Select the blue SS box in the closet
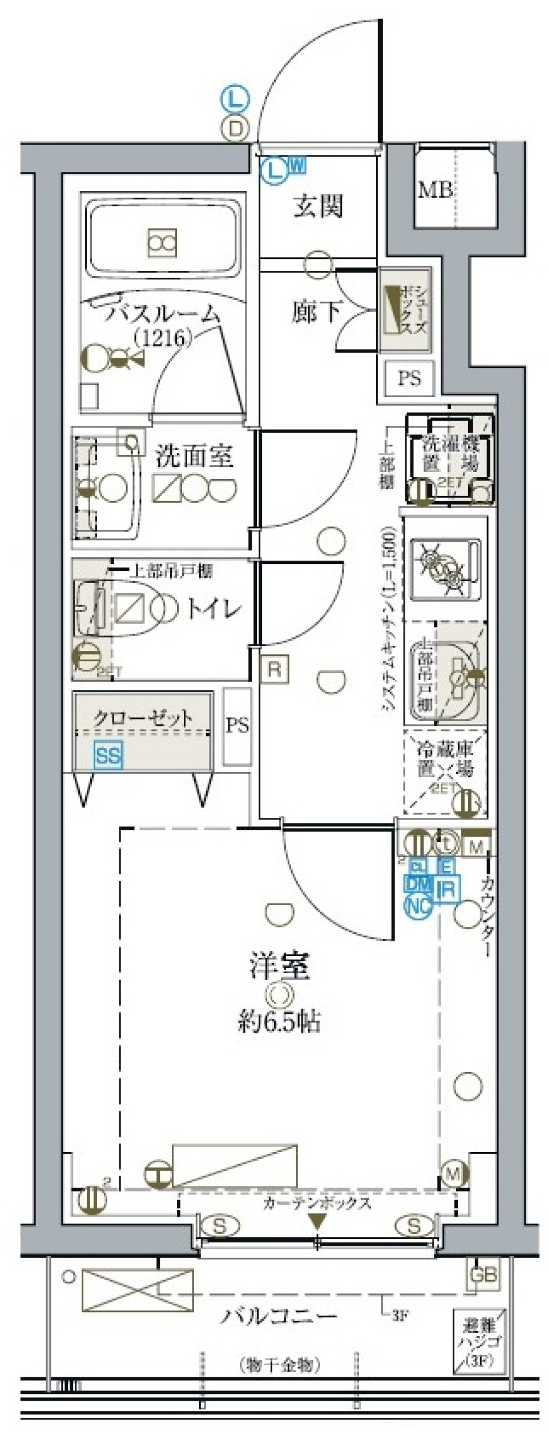(x=108, y=756)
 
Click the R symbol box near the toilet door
(x=275, y=669)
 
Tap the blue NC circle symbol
(x=418, y=904)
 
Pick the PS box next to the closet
(x=237, y=726)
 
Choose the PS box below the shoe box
(x=409, y=378)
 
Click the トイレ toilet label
(x=214, y=610)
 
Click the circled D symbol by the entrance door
(x=235, y=129)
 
